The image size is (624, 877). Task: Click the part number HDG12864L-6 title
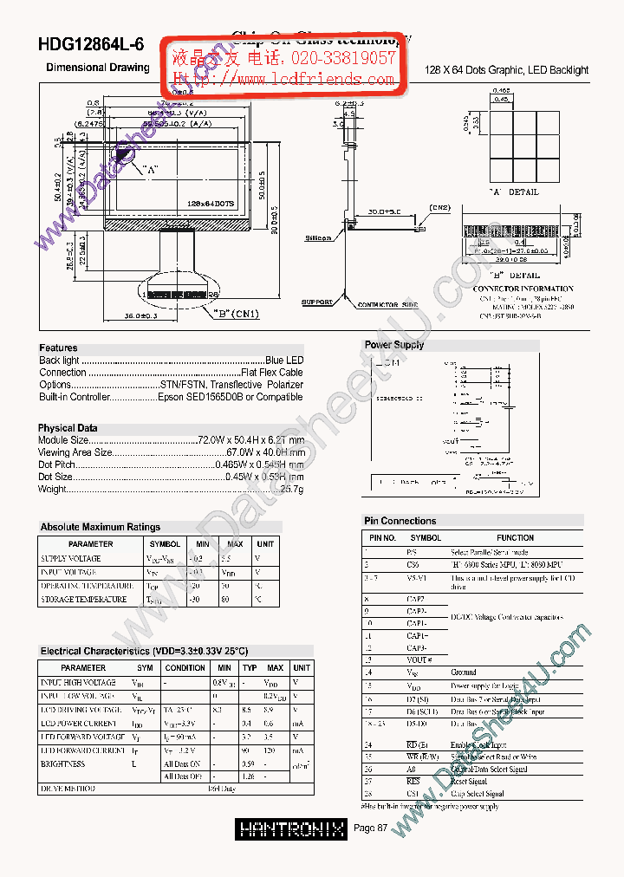pyautogui.click(x=91, y=46)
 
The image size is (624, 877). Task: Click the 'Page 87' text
pyautogui.click(x=371, y=828)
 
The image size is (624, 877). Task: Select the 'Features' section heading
pyautogui.click(x=58, y=348)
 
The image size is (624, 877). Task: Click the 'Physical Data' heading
pyautogui.click(x=68, y=428)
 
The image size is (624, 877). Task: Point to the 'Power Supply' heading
pyautogui.click(x=394, y=345)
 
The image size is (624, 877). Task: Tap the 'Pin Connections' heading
pyautogui.click(x=400, y=521)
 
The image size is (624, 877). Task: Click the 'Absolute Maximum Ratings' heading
pyautogui.click(x=101, y=527)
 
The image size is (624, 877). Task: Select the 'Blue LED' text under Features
pyautogui.click(x=284, y=361)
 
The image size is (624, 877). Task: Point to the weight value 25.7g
pyautogui.click(x=292, y=489)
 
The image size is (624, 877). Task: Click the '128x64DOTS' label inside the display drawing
pyautogui.click(x=211, y=204)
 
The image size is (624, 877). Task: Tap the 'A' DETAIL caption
pyautogui.click(x=514, y=192)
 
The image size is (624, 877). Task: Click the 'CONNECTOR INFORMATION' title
pyautogui.click(x=523, y=289)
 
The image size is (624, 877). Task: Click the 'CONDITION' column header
pyautogui.click(x=185, y=668)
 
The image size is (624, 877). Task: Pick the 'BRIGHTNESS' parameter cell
pyautogui.click(x=62, y=764)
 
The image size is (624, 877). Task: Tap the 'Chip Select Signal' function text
pyautogui.click(x=477, y=794)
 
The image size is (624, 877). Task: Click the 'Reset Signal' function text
pyautogui.click(x=469, y=782)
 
